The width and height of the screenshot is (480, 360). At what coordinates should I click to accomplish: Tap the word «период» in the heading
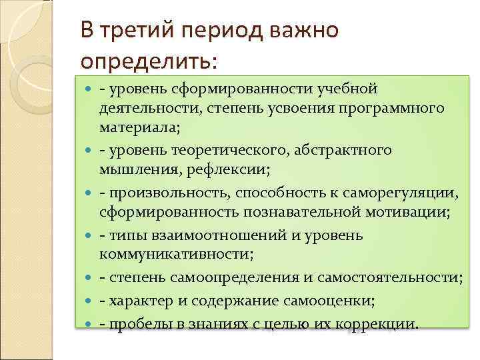coord(215,30)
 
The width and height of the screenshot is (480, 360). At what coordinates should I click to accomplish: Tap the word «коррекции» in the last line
coord(381,324)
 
